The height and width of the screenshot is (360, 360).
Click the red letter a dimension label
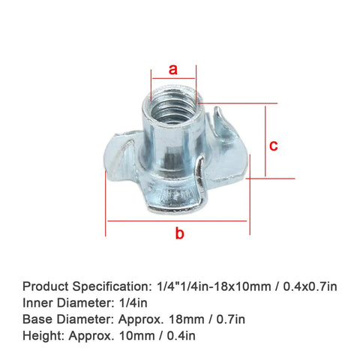(x=173, y=69)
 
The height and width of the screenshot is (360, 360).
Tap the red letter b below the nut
(x=179, y=233)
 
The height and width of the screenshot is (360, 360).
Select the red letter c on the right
(x=274, y=145)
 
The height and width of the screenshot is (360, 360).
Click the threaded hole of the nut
(x=173, y=107)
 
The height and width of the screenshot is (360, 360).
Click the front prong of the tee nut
(x=199, y=175)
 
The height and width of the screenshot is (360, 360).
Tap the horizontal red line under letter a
(x=173, y=78)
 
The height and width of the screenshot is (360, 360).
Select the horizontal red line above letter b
(x=177, y=221)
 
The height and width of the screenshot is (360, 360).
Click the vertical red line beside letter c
(x=265, y=141)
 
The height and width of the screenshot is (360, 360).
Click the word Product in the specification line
(x=46, y=286)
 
